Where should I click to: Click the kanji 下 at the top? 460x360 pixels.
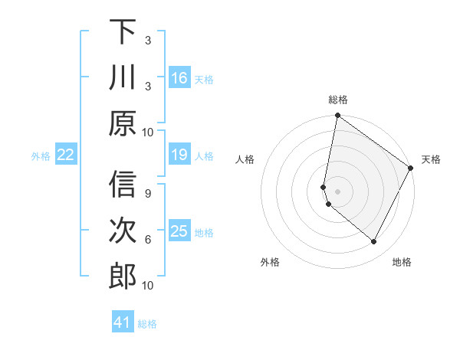(x=123, y=31)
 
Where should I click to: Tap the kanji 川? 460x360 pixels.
(x=123, y=77)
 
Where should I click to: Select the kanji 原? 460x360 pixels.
(x=123, y=123)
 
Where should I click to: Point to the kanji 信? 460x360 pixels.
(x=123, y=185)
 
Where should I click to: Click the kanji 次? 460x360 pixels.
(x=123, y=231)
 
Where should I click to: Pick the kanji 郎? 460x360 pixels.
(x=123, y=277)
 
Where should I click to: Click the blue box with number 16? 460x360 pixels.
(x=179, y=77)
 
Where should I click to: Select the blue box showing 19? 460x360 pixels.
(x=179, y=155)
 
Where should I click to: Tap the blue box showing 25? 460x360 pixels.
(x=179, y=231)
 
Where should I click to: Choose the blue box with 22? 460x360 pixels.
(x=65, y=155)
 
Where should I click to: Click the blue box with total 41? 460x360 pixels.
(x=123, y=322)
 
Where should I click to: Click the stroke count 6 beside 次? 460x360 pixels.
(x=147, y=239)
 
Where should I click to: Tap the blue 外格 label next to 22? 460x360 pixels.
(x=41, y=155)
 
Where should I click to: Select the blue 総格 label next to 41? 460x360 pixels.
(x=147, y=323)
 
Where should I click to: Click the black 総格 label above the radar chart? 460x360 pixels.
(x=338, y=100)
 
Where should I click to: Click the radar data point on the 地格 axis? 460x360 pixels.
(x=374, y=242)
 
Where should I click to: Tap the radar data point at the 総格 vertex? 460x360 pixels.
(x=337, y=116)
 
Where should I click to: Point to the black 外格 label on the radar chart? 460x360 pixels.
(x=270, y=262)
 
